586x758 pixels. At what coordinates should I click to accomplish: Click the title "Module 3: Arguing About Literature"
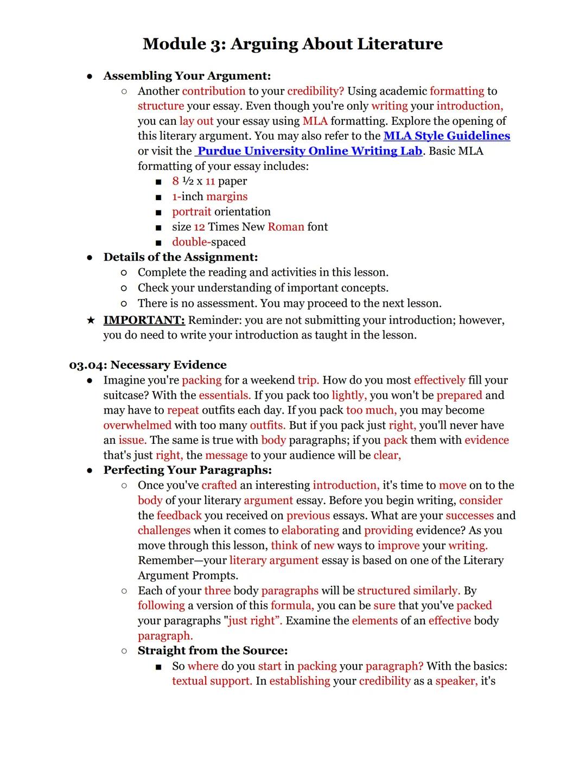[x=292, y=44]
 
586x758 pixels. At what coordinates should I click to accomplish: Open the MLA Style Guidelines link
[x=447, y=136]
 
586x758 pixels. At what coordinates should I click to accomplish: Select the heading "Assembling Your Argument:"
[x=187, y=76]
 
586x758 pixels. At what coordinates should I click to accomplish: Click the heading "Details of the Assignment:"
[x=181, y=257]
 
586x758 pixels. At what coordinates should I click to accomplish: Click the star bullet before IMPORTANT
[x=91, y=320]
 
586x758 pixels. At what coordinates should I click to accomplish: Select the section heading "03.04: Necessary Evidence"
[x=148, y=365]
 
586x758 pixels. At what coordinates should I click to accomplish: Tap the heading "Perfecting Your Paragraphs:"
[x=188, y=470]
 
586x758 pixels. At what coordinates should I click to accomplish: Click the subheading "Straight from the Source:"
[x=213, y=651]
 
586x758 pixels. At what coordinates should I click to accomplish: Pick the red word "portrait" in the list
[x=192, y=212]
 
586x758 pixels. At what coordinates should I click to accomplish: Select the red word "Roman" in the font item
[x=286, y=227]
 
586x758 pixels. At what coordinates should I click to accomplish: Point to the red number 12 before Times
[x=199, y=227]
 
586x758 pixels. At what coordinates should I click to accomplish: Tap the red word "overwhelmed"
[x=137, y=425]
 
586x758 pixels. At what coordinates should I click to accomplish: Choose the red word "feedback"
[x=179, y=515]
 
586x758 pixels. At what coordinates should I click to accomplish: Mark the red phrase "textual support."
[x=212, y=681]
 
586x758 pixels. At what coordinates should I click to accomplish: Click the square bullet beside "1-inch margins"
[x=158, y=197]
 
